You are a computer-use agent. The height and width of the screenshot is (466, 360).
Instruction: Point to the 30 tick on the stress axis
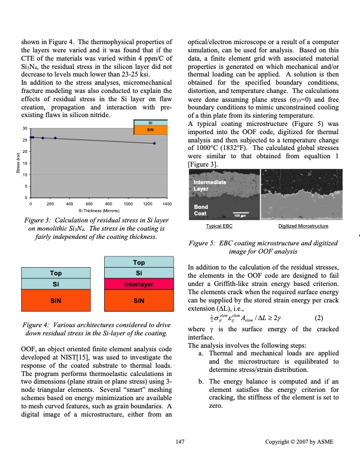(x=25, y=128)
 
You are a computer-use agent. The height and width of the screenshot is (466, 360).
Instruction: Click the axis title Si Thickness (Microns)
(x=99, y=209)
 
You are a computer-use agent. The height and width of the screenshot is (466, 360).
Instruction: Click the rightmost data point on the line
(x=154, y=144)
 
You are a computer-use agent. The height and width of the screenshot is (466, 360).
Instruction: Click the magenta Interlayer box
(x=139, y=284)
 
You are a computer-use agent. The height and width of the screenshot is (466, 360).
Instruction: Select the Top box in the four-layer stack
(x=139, y=262)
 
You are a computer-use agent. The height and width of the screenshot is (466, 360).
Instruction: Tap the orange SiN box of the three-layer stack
(x=56, y=299)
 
